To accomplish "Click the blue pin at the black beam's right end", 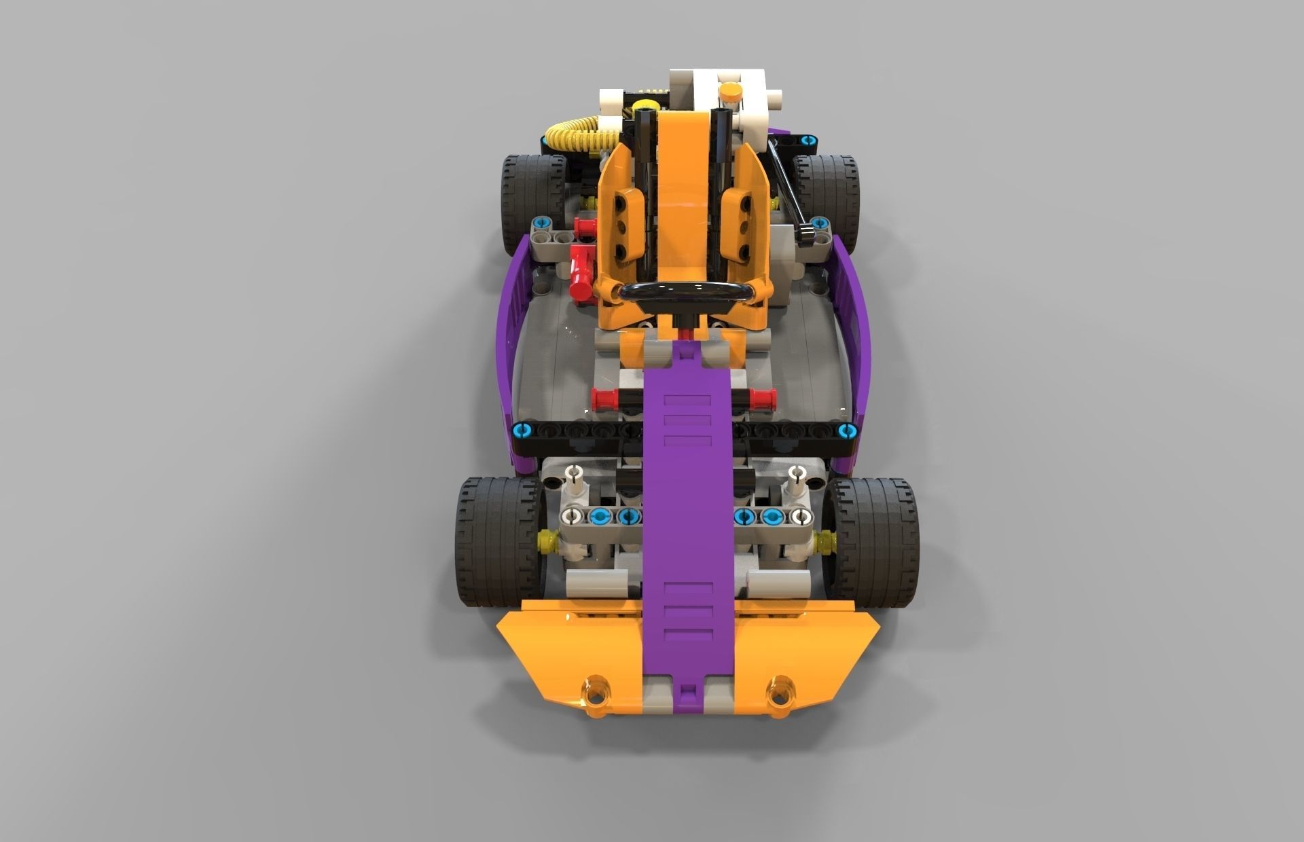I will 846,429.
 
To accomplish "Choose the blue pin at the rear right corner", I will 806,141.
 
